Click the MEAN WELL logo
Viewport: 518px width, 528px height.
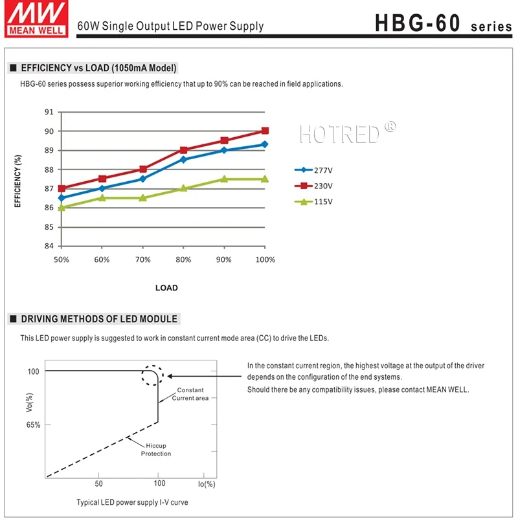point(36,19)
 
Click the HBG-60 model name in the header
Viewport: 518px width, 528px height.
point(418,23)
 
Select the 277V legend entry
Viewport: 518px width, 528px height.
point(313,170)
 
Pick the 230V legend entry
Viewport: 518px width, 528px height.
point(313,186)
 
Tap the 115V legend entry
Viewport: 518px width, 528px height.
point(313,202)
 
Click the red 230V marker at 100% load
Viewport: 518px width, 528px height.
point(265,131)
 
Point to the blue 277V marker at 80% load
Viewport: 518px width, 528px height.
point(183,159)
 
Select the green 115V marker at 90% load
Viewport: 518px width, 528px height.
point(224,179)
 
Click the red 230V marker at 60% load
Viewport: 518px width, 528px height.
point(102,179)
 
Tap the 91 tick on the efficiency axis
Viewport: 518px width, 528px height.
point(49,112)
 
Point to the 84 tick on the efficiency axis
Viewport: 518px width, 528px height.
point(49,246)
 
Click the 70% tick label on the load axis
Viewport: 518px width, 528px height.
point(143,259)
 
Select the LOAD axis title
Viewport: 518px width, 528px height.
point(166,288)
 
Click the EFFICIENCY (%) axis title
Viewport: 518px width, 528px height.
point(18,181)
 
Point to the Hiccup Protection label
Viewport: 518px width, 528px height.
point(155,450)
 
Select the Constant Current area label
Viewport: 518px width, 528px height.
point(190,394)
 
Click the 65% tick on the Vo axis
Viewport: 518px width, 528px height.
point(34,425)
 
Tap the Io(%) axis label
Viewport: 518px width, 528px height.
point(207,484)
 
